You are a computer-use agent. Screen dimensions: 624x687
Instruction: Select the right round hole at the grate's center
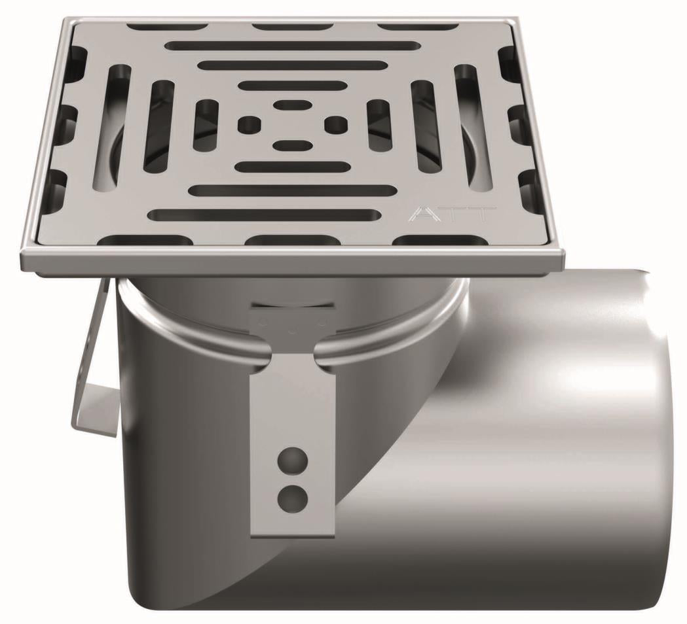tap(335, 122)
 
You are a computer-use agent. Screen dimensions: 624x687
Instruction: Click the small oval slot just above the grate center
tap(291, 104)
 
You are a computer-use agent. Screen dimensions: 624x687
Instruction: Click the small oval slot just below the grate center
tap(291, 145)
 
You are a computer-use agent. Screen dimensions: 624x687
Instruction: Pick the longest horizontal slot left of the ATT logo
tap(265, 215)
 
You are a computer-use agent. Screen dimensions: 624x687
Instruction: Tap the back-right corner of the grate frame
tap(517, 22)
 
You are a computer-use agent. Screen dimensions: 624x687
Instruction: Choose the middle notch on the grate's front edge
tap(291, 240)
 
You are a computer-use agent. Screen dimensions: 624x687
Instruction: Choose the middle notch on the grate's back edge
tap(292, 27)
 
